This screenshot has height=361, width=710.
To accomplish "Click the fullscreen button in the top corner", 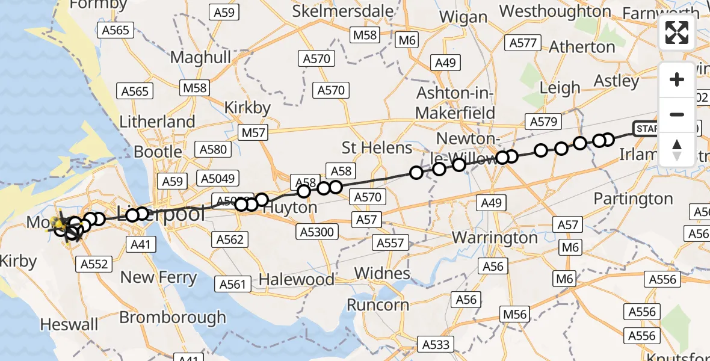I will tap(677, 32).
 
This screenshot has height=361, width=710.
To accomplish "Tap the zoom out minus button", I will tap(677, 114).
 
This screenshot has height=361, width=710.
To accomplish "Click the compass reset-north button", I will tap(677, 149).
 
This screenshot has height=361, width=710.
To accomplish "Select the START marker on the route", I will tap(647, 129).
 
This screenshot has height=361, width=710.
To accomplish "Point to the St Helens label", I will tap(377, 147).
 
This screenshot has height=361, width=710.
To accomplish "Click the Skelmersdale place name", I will tap(343, 11).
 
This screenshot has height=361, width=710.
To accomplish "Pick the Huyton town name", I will tap(291, 208).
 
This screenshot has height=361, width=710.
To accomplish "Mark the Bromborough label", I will tap(173, 317).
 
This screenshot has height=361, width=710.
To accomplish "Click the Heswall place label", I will tap(69, 325).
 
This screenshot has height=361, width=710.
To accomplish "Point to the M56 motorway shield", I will tap(514, 314).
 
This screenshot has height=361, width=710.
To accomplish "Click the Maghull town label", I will tap(200, 57).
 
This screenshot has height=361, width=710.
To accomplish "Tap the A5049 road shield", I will tap(218, 178).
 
